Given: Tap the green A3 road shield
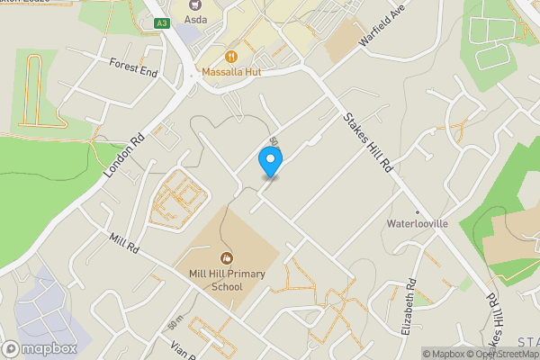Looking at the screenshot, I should [x=161, y=22].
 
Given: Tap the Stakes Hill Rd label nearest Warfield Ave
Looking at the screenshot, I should [x=369, y=142].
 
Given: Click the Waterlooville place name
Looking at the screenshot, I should [x=417, y=222].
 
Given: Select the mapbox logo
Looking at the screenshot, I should [x=40, y=348].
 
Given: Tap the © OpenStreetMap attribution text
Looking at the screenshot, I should [x=505, y=353].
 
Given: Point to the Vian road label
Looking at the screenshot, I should [x=183, y=346].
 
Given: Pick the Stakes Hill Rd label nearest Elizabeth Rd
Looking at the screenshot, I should [x=495, y=319].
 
